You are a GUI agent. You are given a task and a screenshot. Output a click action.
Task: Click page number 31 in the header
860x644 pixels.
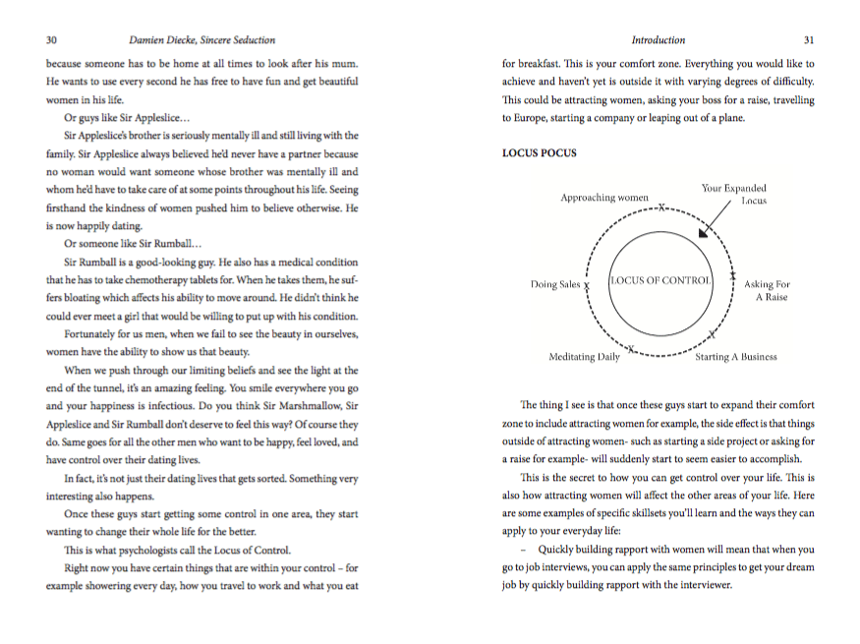pos(809,40)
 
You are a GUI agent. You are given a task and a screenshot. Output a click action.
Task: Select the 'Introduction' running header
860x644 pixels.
pos(658,40)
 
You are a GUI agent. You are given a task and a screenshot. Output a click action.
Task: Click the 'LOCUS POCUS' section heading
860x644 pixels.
pos(540,153)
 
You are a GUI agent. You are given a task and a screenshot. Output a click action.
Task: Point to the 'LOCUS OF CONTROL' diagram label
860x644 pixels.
pos(660,281)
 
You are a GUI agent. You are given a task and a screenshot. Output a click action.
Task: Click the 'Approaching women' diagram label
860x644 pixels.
pos(603,198)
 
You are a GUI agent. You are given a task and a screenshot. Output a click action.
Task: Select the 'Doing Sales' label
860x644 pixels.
pos(555,285)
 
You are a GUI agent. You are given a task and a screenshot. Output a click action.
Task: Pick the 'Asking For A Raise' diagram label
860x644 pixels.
pos(767,291)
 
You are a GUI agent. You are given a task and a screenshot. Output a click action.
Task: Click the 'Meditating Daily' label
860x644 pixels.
pos(584,357)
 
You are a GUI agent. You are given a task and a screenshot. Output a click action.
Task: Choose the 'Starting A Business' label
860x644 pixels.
pos(736,357)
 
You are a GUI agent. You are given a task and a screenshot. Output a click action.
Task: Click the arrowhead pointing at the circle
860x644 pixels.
pos(702,232)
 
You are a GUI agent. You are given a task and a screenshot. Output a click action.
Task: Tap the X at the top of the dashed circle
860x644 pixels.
pos(661,208)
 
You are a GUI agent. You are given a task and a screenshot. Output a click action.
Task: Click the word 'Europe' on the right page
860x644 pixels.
pos(528,118)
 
